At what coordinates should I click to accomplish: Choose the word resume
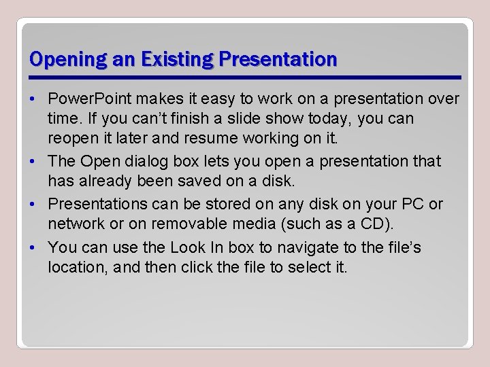tap(222, 139)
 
